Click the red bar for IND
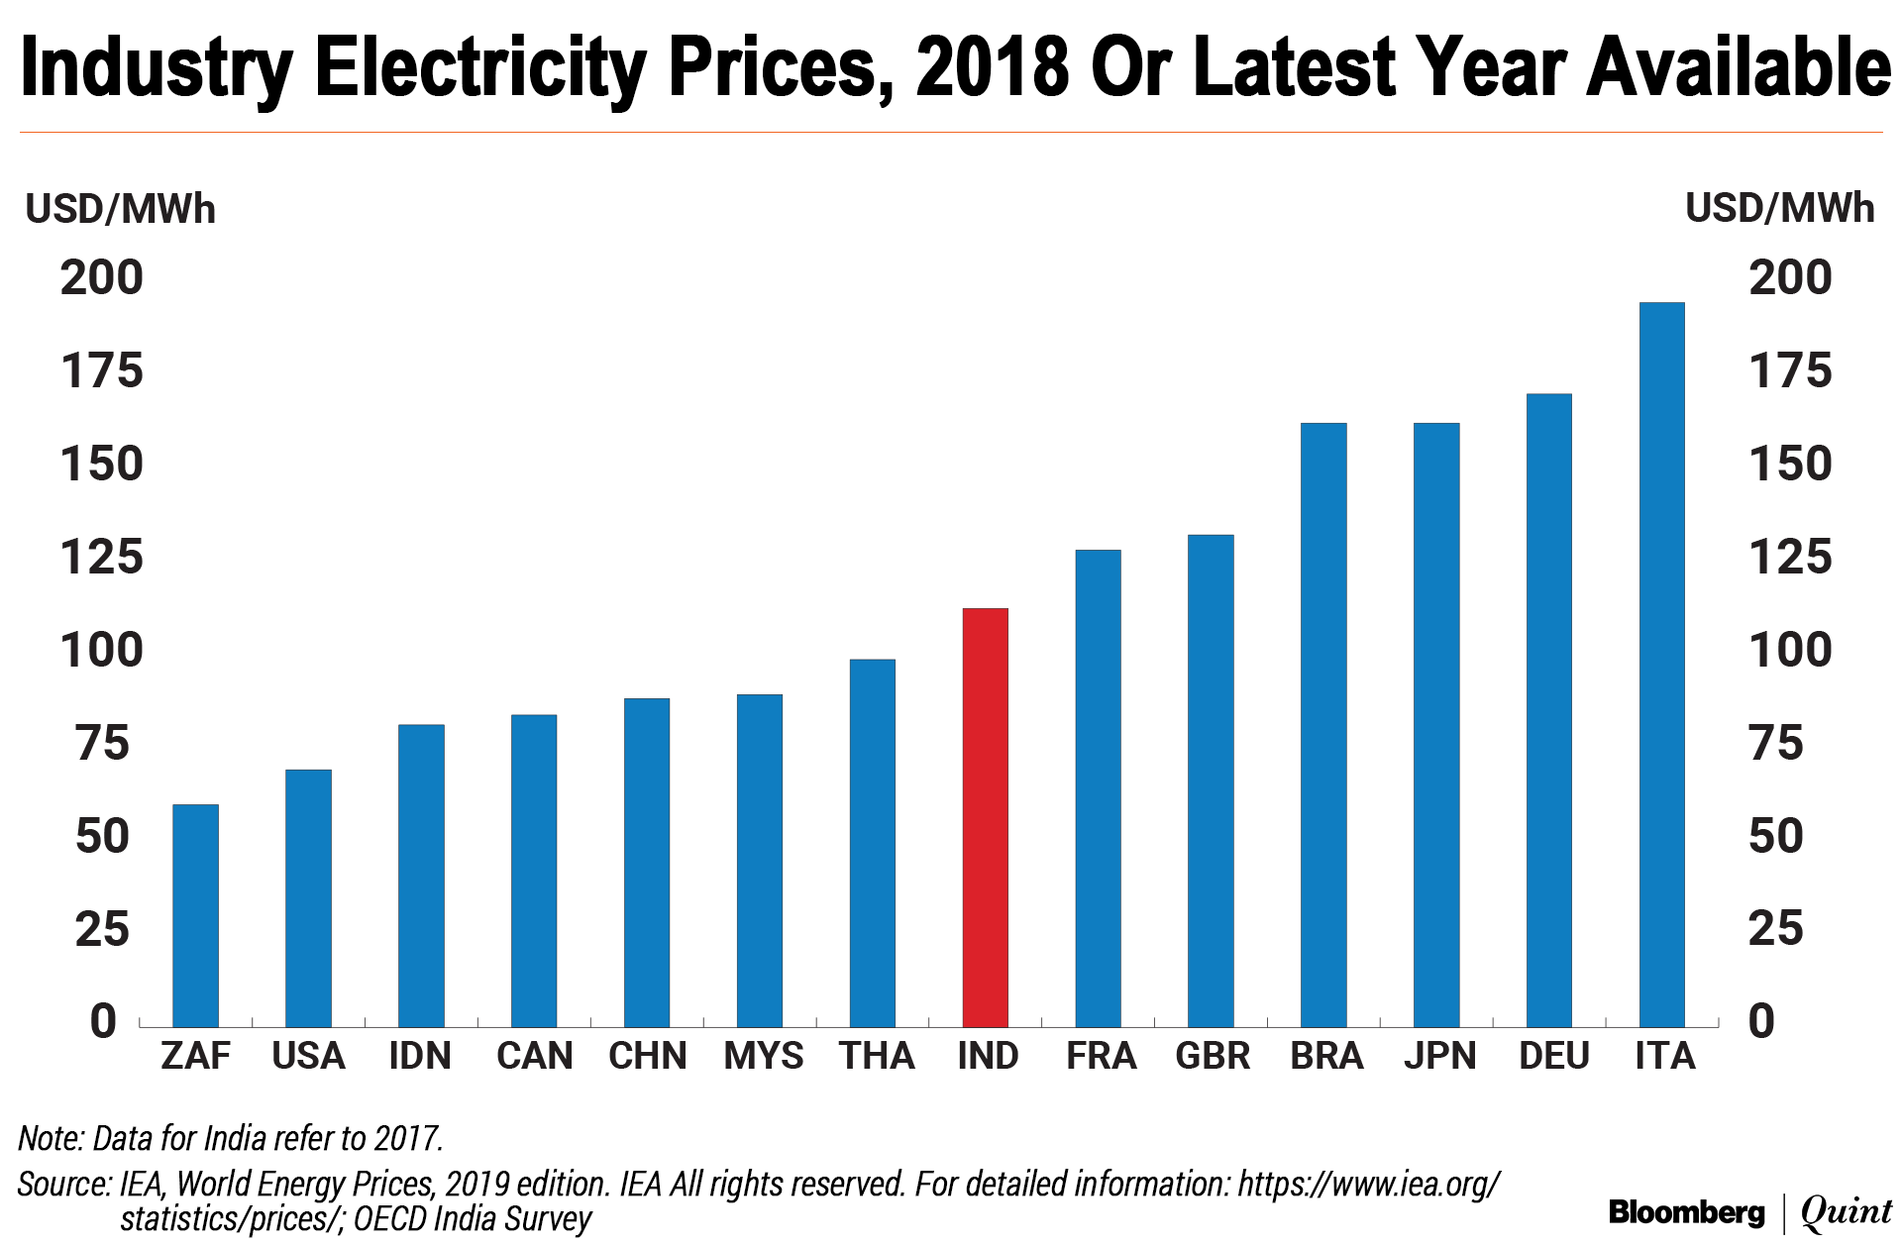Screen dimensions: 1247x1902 click(985, 817)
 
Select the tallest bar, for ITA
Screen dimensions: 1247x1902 click(1661, 664)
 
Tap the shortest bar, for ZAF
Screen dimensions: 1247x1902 click(195, 915)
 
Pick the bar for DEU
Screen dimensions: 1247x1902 click(1548, 710)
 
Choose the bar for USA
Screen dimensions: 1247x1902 click(308, 897)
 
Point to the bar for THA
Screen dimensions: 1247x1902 click(872, 843)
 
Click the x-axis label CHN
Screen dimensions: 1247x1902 click(647, 1056)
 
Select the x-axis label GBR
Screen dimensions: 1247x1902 click(1213, 1056)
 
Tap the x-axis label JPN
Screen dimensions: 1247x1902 click(1439, 1056)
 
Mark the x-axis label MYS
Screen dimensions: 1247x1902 click(763, 1056)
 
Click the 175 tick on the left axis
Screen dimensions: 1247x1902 click(102, 371)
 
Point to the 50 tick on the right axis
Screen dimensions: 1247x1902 click(1775, 836)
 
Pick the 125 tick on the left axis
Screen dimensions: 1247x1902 click(102, 558)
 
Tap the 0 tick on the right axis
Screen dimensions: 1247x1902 click(1761, 1021)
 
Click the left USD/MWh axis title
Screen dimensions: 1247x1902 click(120, 210)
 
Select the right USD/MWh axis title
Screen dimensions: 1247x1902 click(1779, 209)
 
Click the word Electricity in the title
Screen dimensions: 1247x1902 click(480, 67)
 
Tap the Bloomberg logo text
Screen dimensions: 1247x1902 click(1686, 1212)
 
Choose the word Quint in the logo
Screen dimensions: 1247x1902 click(1846, 1212)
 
